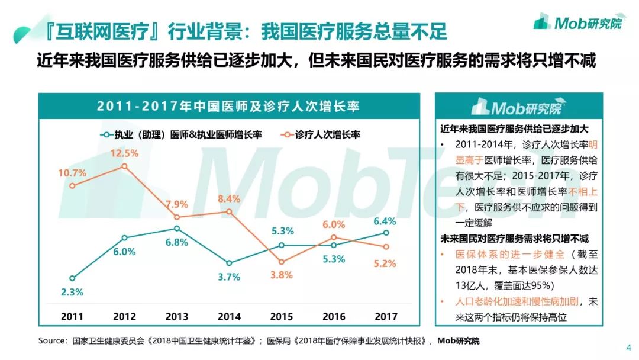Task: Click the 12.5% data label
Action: tap(124, 153)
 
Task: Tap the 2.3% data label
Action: tap(72, 292)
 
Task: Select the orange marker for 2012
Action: tap(124, 166)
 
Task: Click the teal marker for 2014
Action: tap(229, 263)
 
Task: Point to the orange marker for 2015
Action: tap(281, 262)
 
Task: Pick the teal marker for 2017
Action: tap(385, 233)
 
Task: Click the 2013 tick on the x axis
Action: tap(176, 317)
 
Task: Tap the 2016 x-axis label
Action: tap(333, 317)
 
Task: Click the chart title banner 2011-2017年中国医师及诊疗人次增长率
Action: tap(229, 106)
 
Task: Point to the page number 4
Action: tap(628, 348)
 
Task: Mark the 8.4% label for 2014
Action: tap(229, 199)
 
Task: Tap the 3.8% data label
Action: tap(281, 275)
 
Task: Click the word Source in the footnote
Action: tap(52, 341)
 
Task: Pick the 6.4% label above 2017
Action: tap(385, 221)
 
